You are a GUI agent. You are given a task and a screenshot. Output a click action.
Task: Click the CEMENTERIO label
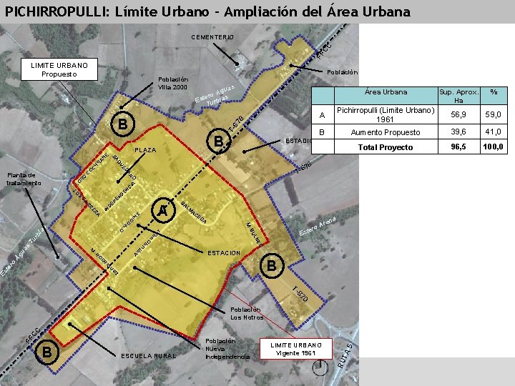(x=212, y=36)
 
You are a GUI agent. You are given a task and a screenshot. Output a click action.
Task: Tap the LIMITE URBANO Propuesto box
(x=59, y=69)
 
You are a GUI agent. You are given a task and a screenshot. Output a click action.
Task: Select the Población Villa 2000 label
(x=173, y=83)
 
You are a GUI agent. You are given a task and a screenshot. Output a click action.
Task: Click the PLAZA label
(x=145, y=151)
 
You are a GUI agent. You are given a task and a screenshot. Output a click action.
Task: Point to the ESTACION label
(x=223, y=253)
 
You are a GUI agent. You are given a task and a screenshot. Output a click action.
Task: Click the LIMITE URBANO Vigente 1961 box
(x=297, y=350)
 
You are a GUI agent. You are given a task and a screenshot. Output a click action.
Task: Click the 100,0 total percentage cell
(x=493, y=147)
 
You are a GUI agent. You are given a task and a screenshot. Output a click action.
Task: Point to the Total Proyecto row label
(x=386, y=147)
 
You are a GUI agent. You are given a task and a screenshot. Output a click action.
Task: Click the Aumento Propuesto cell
(x=386, y=133)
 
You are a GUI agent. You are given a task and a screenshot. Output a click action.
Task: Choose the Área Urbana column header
(x=386, y=92)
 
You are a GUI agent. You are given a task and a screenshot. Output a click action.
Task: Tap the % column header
(x=493, y=92)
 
